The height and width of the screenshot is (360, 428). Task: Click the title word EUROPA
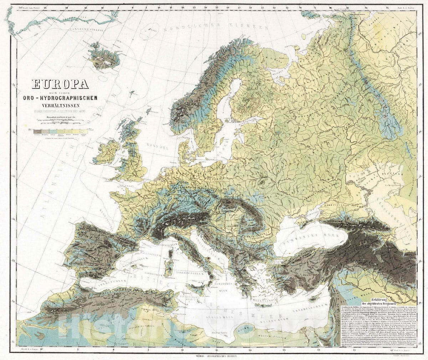(60, 84)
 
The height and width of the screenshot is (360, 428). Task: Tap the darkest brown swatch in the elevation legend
(37, 131)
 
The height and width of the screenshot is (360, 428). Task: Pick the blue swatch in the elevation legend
(53, 131)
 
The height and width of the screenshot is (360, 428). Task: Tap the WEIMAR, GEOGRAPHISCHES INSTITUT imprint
(214, 356)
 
